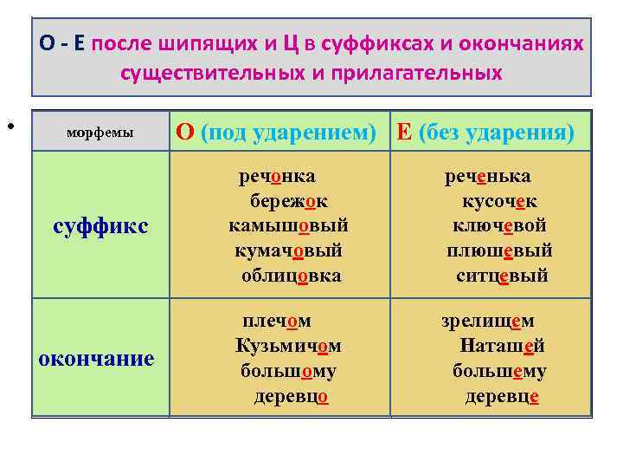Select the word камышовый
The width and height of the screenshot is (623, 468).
point(288,226)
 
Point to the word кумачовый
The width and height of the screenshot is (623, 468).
point(288,251)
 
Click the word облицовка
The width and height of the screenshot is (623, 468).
point(291,276)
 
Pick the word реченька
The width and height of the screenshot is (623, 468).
point(487,177)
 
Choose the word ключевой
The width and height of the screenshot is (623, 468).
point(499,226)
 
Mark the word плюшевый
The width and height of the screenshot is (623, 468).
point(499,251)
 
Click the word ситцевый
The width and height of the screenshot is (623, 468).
point(502,276)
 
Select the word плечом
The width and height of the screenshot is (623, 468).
point(277,321)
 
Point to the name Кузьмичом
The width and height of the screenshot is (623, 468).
point(288,346)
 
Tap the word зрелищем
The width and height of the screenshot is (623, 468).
point(487,321)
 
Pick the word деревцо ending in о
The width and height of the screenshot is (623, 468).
point(291,396)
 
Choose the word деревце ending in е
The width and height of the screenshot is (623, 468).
point(502,396)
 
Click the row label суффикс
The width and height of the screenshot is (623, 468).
point(101,226)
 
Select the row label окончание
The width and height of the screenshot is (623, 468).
point(96,358)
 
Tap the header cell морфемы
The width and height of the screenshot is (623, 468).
point(100,133)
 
